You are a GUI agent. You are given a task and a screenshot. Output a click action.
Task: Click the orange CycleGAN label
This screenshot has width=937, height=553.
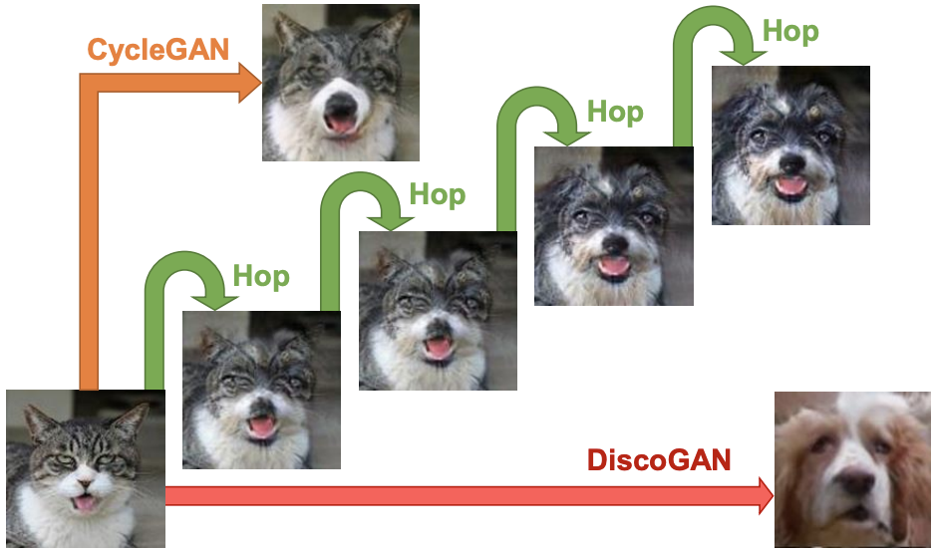pos(158,50)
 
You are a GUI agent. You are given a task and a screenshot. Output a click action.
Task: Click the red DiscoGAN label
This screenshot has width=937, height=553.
pos(659,460)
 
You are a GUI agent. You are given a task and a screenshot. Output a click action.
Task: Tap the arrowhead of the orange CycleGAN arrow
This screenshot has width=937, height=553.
pos(250,83)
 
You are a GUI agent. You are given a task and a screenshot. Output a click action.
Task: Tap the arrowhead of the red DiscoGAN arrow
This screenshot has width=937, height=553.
pos(766,495)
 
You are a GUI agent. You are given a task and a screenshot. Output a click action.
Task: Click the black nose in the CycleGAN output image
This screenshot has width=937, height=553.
pos(341,105)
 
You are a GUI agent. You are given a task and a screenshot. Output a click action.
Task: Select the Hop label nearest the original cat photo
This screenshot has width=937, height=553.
pos(261,276)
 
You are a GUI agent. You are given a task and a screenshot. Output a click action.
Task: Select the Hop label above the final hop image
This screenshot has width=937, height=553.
pos(790,31)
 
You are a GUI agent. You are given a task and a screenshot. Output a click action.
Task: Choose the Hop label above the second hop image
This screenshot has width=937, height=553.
pos(438,194)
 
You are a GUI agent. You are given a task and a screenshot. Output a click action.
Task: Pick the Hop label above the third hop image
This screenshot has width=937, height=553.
pos(615,112)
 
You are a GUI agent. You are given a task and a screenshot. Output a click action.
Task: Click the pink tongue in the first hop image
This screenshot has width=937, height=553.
pos(262,427)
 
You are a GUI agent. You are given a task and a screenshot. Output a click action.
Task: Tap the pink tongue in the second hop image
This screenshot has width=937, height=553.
pos(438,348)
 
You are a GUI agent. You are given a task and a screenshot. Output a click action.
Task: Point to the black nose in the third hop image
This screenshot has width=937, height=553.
pos(614,243)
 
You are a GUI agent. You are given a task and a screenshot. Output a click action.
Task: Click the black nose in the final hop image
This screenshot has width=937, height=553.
pos(792,162)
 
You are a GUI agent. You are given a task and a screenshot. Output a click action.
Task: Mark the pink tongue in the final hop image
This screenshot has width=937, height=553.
pos(790,185)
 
